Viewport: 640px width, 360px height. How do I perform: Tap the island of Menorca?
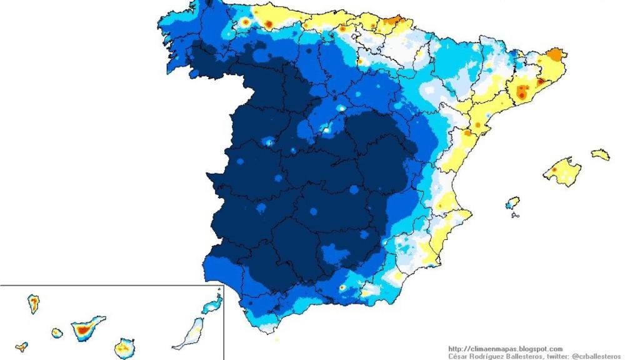(x=601, y=154)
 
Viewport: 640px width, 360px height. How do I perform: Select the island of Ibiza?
(x=512, y=203)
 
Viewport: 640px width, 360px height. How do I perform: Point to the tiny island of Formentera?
(x=515, y=215)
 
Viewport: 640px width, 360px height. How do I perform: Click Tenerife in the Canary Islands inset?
(x=86, y=327)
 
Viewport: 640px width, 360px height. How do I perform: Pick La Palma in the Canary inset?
(x=33, y=304)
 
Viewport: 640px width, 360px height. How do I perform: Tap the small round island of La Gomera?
(x=57, y=333)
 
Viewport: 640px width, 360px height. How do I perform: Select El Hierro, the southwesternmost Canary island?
(x=22, y=346)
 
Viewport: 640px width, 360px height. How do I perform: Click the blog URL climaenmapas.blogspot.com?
(x=505, y=349)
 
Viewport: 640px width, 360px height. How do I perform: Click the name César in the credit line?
(x=459, y=356)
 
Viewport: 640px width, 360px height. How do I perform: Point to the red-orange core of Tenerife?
(x=81, y=328)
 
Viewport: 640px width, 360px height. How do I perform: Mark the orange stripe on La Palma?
(x=33, y=304)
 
